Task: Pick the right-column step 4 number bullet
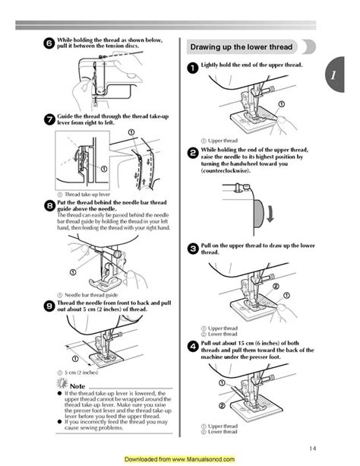pos(193,347)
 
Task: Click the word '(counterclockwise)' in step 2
pos(227,173)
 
